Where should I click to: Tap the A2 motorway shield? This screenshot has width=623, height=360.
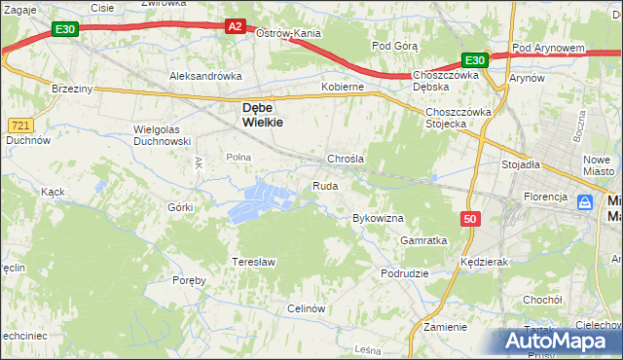(x=236, y=26)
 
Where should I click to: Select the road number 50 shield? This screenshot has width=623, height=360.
(x=471, y=220)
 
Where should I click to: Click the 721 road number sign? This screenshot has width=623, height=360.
(x=20, y=126)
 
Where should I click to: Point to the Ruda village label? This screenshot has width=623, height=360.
(x=324, y=185)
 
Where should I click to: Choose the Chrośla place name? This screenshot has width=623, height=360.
(x=345, y=158)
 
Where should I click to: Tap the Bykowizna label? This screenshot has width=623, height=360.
(x=378, y=218)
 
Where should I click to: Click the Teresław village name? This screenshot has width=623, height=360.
(x=254, y=262)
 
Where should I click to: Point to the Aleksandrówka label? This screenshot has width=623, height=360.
(x=204, y=75)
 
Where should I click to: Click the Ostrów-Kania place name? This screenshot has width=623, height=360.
(x=288, y=33)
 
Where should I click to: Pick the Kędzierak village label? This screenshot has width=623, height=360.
(x=486, y=262)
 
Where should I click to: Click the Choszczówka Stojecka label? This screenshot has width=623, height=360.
(x=458, y=117)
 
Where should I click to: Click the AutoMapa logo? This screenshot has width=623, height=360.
(x=560, y=342)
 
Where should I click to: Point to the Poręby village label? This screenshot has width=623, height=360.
(x=190, y=280)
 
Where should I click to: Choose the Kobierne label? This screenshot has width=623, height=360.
(x=343, y=87)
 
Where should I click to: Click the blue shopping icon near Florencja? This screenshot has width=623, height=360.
(x=585, y=202)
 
